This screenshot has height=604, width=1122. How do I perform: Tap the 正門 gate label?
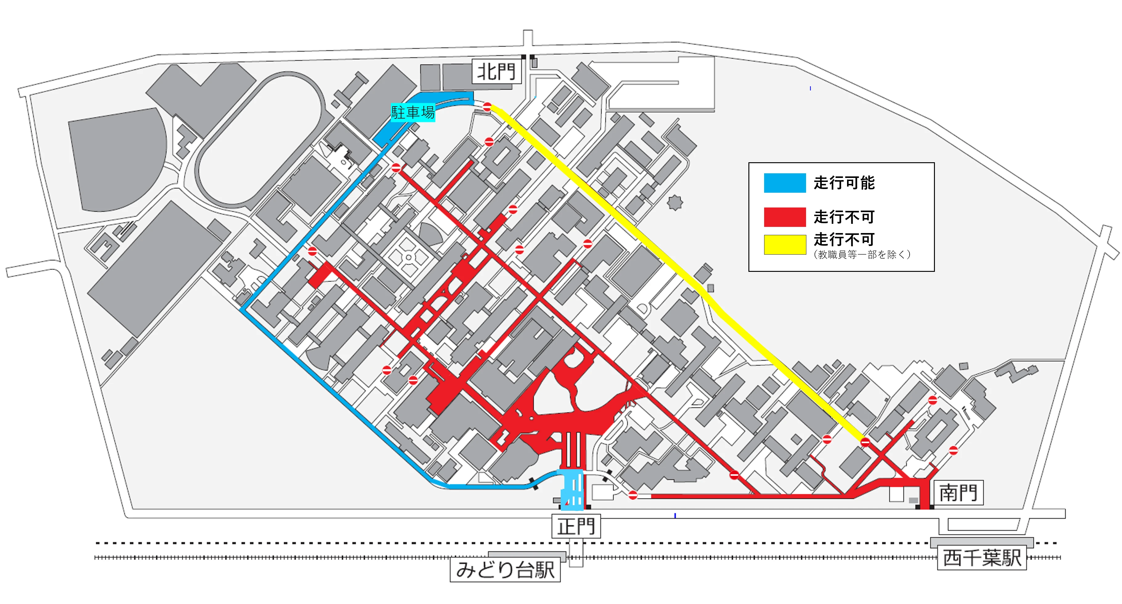pyautogui.click(x=576, y=526)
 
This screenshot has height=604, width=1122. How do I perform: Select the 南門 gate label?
pyautogui.click(x=958, y=493)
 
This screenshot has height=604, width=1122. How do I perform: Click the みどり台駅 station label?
pyautogui.click(x=505, y=570)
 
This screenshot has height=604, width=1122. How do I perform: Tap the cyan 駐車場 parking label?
pyautogui.click(x=412, y=113)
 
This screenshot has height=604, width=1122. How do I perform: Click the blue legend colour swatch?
pyautogui.click(x=784, y=183)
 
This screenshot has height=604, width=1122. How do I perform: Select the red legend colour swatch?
pyautogui.click(x=784, y=217)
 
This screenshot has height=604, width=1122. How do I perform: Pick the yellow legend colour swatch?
pyautogui.click(x=784, y=244)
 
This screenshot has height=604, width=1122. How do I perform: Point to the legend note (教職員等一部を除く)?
pyautogui.click(x=861, y=255)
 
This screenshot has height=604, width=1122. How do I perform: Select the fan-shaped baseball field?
pyautogui.click(x=118, y=159)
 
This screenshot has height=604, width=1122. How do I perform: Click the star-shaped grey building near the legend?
pyautogui.click(x=675, y=202)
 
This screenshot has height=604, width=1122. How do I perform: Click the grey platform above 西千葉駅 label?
pyautogui.click(x=981, y=542)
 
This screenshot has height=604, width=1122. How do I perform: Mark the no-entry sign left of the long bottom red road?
pyautogui.click(x=633, y=495)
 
